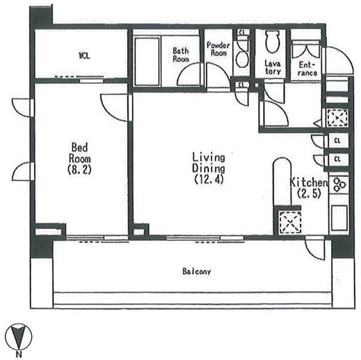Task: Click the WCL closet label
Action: pyautogui.click(x=84, y=55)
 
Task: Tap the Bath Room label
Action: pyautogui.click(x=180, y=55)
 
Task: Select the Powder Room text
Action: pyautogui.click(x=218, y=49)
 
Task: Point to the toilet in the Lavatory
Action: pyautogui.click(x=273, y=42)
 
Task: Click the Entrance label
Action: pyautogui.click(x=308, y=69)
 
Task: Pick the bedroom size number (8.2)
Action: pyautogui.click(x=79, y=170)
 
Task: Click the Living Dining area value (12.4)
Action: pyautogui.click(x=209, y=179)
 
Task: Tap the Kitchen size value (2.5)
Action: pyautogui.click(x=309, y=194)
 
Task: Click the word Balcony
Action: pyautogui.click(x=196, y=271)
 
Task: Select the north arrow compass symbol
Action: pyautogui.click(x=19, y=336)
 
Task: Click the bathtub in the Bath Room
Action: pyautogui.click(x=147, y=62)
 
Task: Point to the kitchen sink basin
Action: pyautogui.click(x=339, y=218)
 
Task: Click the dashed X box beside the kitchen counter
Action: pyautogui.click(x=290, y=222)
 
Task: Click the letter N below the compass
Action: pyautogui.click(x=18, y=354)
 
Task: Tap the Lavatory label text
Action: pyautogui.click(x=273, y=67)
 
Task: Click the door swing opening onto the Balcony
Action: pyautogui.click(x=314, y=249)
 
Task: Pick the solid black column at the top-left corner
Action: pyautogui.click(x=41, y=15)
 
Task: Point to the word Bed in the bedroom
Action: pyautogui.click(x=80, y=148)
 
